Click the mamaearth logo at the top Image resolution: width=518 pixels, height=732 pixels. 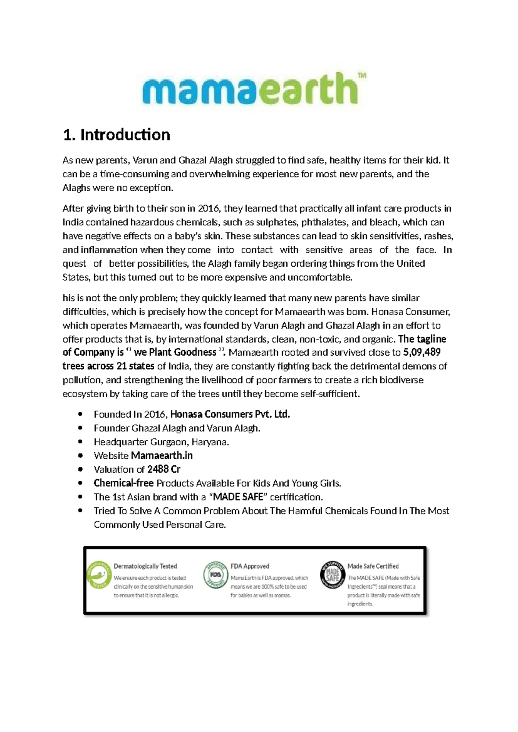(x=250, y=88)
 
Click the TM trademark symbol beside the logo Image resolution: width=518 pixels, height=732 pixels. (x=362, y=76)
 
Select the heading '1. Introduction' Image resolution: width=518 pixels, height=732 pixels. (x=117, y=135)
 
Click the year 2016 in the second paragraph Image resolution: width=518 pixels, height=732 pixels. (x=208, y=208)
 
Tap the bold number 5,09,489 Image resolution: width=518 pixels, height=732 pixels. (x=422, y=352)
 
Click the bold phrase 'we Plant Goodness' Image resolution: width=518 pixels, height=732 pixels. (x=175, y=352)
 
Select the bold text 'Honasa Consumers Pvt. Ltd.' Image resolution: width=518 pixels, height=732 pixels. (x=230, y=414)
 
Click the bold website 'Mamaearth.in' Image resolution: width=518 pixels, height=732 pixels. (x=161, y=456)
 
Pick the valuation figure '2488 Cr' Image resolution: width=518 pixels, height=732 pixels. (x=164, y=470)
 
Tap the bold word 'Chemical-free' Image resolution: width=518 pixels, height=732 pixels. (x=123, y=483)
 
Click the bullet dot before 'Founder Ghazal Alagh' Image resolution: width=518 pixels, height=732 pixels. (x=80, y=428)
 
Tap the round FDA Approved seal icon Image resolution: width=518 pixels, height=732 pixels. (x=215, y=575)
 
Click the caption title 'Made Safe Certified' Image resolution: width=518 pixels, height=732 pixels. (x=373, y=566)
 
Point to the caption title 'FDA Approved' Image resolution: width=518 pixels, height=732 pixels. (x=250, y=566)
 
